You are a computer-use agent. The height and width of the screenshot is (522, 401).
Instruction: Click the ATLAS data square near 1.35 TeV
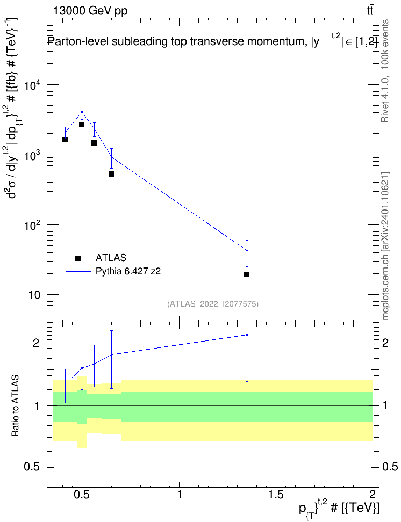click(247, 274)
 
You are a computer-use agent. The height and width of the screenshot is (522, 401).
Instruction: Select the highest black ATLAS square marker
click(82, 125)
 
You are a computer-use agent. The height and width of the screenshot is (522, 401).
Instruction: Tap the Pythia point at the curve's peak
click(82, 112)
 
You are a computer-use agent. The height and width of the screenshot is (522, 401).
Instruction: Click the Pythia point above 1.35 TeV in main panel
click(247, 250)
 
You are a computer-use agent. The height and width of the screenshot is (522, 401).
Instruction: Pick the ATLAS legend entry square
click(78, 258)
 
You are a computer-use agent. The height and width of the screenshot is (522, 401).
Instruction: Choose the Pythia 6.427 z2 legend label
click(128, 271)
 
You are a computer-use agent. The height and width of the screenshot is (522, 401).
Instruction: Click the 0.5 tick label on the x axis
click(82, 495)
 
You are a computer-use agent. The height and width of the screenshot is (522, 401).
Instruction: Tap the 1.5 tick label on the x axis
click(276, 495)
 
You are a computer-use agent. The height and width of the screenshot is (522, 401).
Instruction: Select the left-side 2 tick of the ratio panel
click(36, 343)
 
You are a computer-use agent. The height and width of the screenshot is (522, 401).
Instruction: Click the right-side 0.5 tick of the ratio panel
click(390, 467)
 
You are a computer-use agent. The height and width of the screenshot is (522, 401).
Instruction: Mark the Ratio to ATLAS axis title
click(15, 406)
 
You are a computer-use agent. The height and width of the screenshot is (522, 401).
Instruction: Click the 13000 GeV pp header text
click(90, 11)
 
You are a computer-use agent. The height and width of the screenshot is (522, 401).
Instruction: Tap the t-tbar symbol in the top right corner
click(370, 10)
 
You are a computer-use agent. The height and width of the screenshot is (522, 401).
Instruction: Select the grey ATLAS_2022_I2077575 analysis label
click(213, 304)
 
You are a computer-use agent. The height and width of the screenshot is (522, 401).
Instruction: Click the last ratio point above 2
click(247, 335)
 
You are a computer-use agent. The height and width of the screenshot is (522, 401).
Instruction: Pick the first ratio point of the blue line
click(66, 384)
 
